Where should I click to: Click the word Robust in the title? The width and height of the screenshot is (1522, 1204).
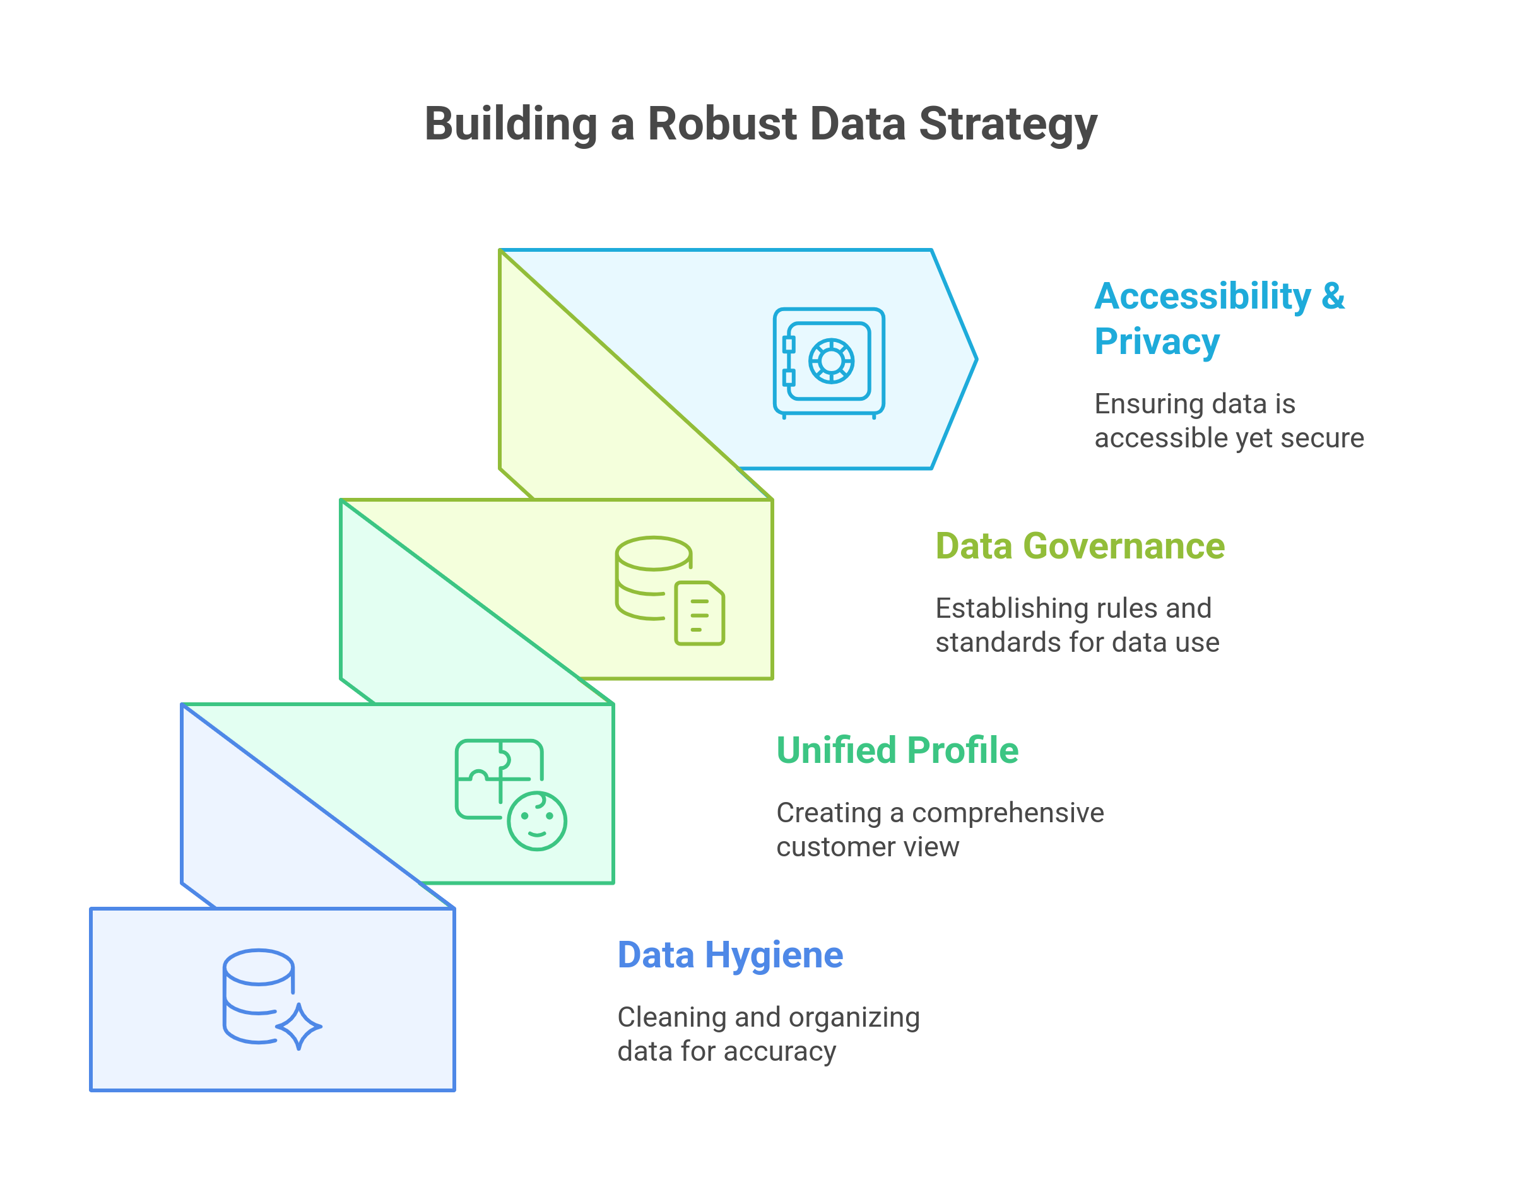[722, 124]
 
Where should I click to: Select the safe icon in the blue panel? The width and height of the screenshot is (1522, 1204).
[829, 362]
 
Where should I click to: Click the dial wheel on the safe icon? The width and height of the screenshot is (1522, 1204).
[831, 361]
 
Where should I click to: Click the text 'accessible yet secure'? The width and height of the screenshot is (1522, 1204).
[1229, 439]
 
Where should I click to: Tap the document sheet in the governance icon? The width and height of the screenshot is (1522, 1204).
[699, 613]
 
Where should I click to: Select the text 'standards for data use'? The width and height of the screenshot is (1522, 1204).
[1077, 643]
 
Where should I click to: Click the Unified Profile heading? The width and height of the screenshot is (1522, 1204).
[897, 751]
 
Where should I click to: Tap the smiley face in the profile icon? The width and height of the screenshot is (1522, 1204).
[537, 821]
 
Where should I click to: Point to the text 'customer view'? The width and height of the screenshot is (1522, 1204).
[867, 847]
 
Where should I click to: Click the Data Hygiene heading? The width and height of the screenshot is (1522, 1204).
[729, 956]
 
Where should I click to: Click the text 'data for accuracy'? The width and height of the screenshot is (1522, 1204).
[726, 1052]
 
